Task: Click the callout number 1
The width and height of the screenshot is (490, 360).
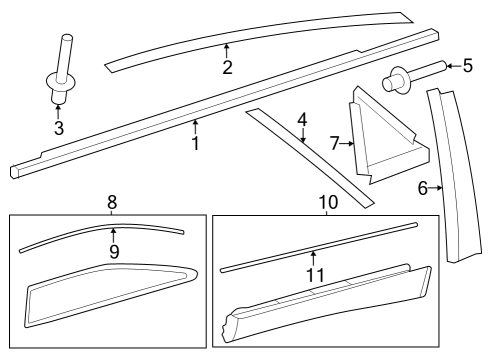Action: coord(196,144)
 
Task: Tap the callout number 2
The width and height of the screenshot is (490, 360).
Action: coord(228,67)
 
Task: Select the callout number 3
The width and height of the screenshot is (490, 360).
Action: coord(59,128)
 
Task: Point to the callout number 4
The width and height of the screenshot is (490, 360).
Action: coord(302,121)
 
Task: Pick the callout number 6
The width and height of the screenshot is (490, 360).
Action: coord(423,187)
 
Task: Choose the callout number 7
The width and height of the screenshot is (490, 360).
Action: coord(335,144)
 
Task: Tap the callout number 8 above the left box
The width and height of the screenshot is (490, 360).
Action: coord(112,201)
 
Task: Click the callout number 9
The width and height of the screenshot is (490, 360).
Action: coord(114,252)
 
